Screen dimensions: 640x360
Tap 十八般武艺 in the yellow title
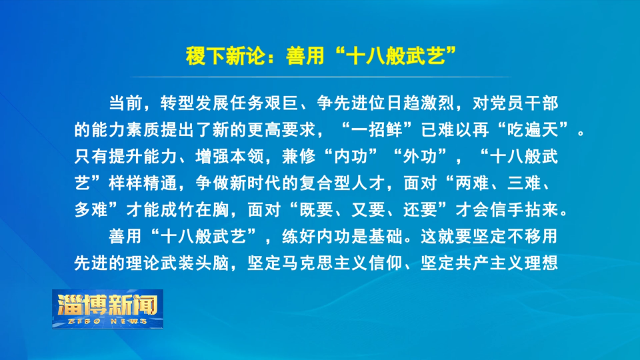tap(395, 56)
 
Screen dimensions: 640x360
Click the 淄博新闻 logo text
tap(108, 305)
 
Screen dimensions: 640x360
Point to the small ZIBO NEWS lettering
tap(108, 321)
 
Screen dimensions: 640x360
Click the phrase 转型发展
tap(195, 103)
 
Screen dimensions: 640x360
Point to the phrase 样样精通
tap(143, 183)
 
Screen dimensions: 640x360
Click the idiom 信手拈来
tap(524, 210)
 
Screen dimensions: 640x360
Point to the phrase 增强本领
tap(229, 156)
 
